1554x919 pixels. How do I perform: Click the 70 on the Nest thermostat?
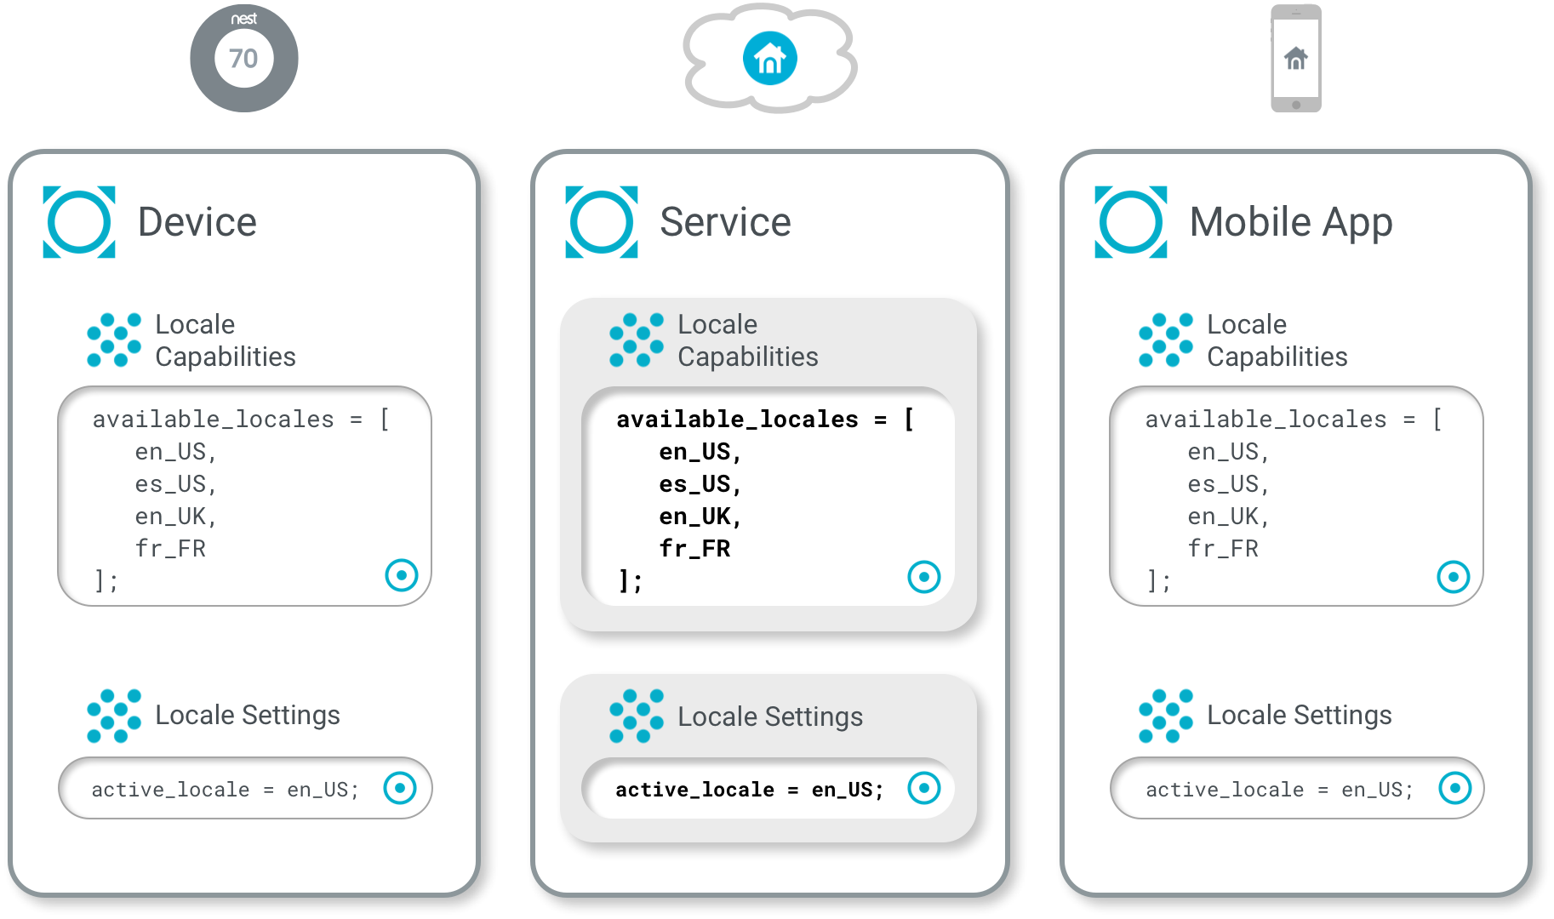[243, 58]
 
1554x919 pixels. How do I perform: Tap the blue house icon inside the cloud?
[769, 58]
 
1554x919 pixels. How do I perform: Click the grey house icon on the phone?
[1295, 58]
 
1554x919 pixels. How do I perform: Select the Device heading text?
[197, 222]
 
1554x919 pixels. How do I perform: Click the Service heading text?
[725, 222]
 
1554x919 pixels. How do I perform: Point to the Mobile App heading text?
[1290, 222]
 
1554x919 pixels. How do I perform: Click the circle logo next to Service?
[601, 222]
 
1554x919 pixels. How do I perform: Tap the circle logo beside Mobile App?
[1130, 222]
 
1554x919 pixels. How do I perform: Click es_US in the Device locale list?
[175, 484]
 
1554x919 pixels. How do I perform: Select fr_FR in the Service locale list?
[694, 549]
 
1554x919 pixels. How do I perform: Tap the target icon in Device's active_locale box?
[400, 788]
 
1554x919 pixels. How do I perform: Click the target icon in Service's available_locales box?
[923, 577]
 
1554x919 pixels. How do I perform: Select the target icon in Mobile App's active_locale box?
[1454, 788]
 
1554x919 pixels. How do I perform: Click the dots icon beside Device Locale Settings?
[114, 716]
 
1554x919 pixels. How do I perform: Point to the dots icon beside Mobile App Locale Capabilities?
[1166, 340]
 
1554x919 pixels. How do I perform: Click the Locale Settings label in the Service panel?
[769, 716]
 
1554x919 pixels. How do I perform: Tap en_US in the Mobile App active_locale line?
[1376, 790]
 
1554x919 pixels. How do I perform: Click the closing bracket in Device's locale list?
[106, 581]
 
